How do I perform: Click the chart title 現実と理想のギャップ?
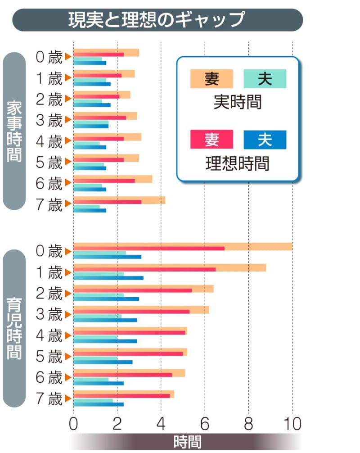(157, 20)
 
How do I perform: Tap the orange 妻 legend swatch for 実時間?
(211, 79)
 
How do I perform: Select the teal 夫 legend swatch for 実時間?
(265, 79)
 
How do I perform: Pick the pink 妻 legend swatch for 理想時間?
(211, 140)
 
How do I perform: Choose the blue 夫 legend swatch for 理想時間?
(265, 140)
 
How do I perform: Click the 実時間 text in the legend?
(237, 102)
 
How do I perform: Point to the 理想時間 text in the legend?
(237, 163)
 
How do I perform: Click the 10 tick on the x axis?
(292, 424)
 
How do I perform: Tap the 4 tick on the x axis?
(161, 424)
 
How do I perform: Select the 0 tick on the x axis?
(73, 424)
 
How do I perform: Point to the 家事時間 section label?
(14, 131)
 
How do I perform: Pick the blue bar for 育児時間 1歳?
(108, 278)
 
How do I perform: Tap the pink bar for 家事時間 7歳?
(107, 202)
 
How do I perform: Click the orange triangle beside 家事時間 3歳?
(68, 119)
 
